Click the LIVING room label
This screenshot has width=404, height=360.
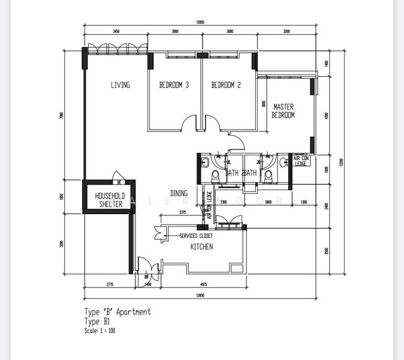pyautogui.click(x=120, y=85)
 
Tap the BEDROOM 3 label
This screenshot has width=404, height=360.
pyautogui.click(x=174, y=85)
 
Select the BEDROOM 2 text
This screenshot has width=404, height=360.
pyautogui.click(x=226, y=85)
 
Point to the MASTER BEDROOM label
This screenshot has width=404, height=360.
pyautogui.click(x=283, y=111)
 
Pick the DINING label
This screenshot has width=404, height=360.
pyautogui.click(x=179, y=193)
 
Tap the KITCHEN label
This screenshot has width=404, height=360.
pyautogui.click(x=201, y=247)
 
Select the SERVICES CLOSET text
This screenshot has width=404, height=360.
pyautogui.click(x=196, y=236)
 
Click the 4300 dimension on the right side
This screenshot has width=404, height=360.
pyautogui.click(x=326, y=116)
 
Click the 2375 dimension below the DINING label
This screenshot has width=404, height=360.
pyautogui.click(x=182, y=212)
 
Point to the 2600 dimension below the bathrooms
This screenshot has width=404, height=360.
pyautogui.click(x=268, y=202)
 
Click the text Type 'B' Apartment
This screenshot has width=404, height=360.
pyautogui.click(x=117, y=312)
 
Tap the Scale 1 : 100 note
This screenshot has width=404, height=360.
pyautogui.click(x=100, y=331)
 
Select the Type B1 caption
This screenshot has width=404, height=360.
pyautogui.click(x=98, y=322)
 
